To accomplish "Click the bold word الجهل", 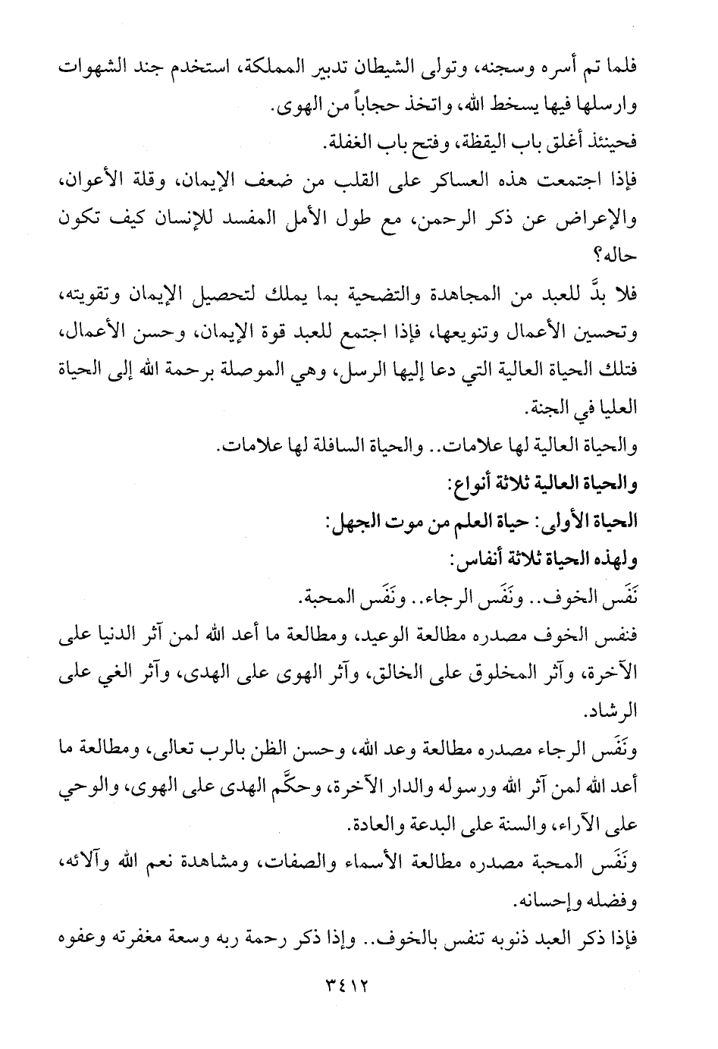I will pos(348,523).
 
